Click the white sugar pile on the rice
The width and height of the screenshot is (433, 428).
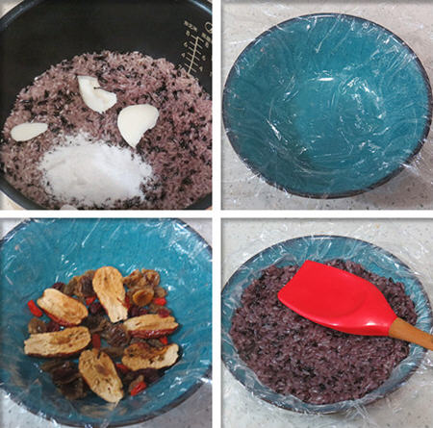tap(91, 170)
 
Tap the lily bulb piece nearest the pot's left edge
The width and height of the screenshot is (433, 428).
tap(28, 131)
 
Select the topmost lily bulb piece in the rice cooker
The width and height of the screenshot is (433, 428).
tap(96, 93)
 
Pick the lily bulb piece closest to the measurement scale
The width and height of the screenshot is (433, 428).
tap(137, 122)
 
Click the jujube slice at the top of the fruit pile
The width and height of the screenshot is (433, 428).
tap(109, 290)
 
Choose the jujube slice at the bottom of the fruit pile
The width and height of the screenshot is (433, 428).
tap(100, 375)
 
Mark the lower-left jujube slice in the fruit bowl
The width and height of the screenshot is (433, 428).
tap(58, 340)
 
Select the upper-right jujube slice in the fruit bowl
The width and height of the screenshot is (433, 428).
tap(149, 324)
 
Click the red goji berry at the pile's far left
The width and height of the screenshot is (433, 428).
tap(35, 310)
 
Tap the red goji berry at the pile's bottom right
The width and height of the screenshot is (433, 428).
tap(139, 386)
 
